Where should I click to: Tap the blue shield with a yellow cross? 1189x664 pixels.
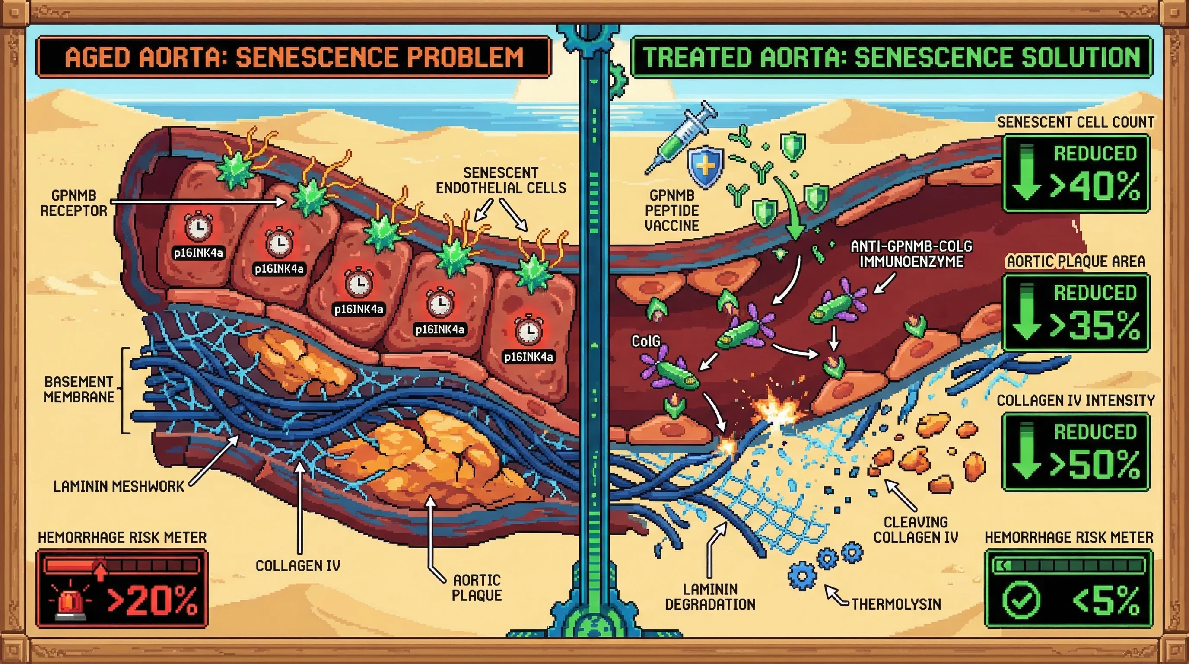coord(705,167)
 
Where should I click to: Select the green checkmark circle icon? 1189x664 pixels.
coord(1021,600)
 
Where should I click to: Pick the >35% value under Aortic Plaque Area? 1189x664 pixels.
coord(1095,326)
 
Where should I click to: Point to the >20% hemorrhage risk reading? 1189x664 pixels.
coord(153,600)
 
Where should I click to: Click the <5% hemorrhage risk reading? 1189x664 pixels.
coord(1106,601)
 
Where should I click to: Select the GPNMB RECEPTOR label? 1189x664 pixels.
coord(74,203)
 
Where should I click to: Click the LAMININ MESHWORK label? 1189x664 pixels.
coord(119,486)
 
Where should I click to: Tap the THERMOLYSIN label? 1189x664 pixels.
coord(896,604)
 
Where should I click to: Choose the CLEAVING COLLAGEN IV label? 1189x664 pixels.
coord(916,530)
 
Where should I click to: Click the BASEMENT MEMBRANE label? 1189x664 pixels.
coord(79,389)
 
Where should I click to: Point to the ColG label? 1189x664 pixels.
coord(646,341)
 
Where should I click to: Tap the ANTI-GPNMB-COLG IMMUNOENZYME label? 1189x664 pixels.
coord(911,254)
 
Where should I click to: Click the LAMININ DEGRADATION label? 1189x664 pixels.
coord(710,597)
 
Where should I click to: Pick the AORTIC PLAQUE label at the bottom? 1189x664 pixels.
coord(477,587)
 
